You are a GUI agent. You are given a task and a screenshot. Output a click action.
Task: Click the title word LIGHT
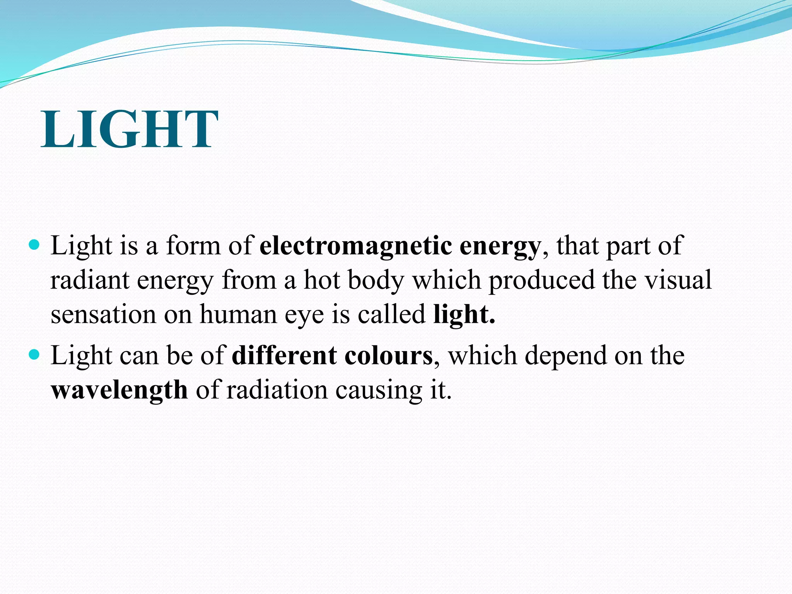[130, 129]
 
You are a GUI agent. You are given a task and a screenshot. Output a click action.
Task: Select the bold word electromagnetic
[355, 245]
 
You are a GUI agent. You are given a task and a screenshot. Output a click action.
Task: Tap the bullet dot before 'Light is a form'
[34, 245]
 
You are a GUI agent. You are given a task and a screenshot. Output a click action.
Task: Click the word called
[391, 314]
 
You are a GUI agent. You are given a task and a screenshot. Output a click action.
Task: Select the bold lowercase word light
[464, 314]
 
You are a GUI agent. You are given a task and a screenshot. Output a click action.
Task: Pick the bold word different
[284, 355]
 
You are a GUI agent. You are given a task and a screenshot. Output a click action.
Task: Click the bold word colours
[388, 355]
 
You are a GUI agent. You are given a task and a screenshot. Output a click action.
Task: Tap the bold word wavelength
[119, 390]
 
